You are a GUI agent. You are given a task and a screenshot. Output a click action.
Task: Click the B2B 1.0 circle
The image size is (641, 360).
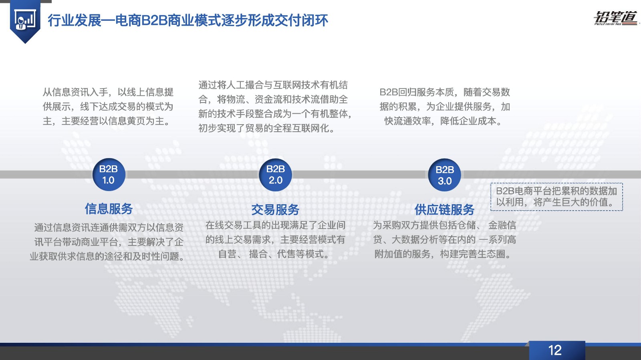(x=109, y=175)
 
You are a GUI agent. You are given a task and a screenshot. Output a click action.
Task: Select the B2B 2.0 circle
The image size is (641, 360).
(x=275, y=175)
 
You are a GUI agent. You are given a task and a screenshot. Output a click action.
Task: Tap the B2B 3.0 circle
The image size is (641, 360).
(x=444, y=175)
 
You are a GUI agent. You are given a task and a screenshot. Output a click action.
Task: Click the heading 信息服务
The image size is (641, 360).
(x=109, y=209)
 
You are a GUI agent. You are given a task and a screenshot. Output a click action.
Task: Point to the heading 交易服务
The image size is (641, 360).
(x=275, y=209)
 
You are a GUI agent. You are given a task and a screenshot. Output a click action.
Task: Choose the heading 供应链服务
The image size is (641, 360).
(x=444, y=209)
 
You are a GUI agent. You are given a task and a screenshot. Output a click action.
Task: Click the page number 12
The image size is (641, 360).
(x=555, y=350)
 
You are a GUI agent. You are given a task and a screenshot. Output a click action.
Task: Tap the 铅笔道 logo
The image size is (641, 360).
(x=615, y=18)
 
